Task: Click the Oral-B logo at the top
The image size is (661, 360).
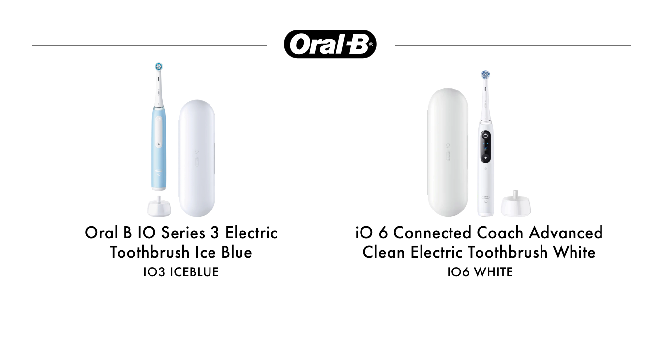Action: [x=330, y=44]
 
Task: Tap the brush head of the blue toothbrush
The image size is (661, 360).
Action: [x=159, y=67]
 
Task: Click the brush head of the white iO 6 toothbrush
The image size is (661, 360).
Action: [x=485, y=75]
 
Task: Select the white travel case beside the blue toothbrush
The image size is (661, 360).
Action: [x=197, y=159]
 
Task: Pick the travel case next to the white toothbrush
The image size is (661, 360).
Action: [x=448, y=152]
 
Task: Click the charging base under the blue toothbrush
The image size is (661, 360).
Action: [x=159, y=206]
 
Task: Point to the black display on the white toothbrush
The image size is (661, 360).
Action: [x=486, y=147]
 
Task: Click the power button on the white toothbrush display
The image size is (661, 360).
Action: [x=486, y=136]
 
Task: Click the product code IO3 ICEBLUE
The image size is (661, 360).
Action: [x=181, y=272]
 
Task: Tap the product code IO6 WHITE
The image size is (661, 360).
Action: [x=480, y=272]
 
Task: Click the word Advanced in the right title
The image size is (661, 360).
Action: [x=566, y=233]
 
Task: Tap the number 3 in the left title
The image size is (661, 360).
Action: [x=215, y=233]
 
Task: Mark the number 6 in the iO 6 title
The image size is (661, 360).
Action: [x=383, y=233]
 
